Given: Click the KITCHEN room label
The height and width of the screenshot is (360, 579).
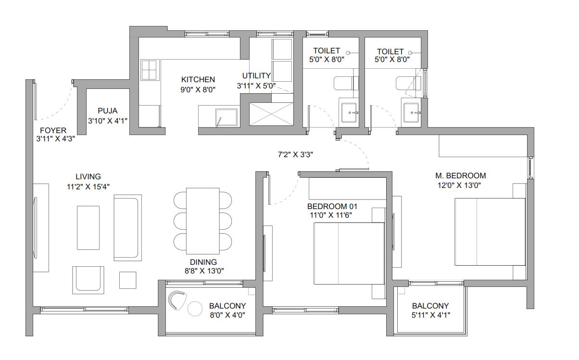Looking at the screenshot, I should pos(198,79).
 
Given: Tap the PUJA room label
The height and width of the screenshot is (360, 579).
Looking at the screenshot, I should pos(107,110).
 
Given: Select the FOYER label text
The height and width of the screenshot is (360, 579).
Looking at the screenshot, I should pos(53,130).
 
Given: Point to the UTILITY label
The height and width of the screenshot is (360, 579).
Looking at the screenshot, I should pos(256,76).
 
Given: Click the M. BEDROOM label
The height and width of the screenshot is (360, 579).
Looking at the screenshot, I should pos(460,175).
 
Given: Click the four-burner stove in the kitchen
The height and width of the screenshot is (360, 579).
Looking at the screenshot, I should pos(150,70).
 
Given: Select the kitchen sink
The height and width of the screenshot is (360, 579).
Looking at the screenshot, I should pos(226,117).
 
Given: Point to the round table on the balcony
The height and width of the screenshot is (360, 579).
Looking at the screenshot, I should pos(195,308).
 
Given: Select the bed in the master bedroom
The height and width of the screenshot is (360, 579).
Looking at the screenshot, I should pos(490,232).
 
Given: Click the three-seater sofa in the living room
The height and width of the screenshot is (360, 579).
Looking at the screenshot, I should pos(127,227).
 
